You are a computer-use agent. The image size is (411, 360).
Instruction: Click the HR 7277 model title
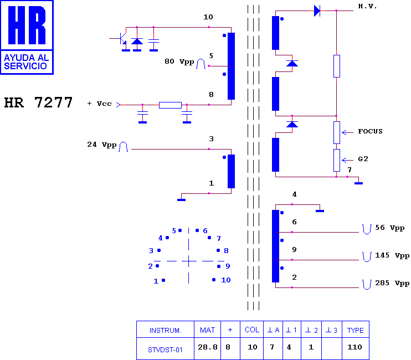pyautogui.click(x=38, y=102)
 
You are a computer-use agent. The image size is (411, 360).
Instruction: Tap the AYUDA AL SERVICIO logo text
pyautogui.click(x=26, y=62)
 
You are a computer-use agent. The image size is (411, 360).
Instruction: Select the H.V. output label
pyautogui.click(x=367, y=6)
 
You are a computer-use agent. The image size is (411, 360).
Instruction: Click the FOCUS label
pyautogui.click(x=370, y=131)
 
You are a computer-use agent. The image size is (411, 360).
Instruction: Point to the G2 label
pyautogui.click(x=363, y=159)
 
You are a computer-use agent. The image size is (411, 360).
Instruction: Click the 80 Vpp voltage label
pyautogui.click(x=179, y=61)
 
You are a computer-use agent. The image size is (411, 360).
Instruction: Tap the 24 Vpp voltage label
pyautogui.click(x=102, y=145)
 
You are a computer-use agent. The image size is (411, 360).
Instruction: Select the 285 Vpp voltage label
pyautogui.click(x=392, y=283)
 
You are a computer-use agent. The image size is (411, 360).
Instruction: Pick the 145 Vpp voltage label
pyautogui.click(x=392, y=255)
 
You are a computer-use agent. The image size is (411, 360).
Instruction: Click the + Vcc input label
pyautogui.click(x=99, y=104)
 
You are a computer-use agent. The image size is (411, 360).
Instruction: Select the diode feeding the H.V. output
pyautogui.click(x=317, y=11)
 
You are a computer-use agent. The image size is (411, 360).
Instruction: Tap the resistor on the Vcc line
pyautogui.click(x=170, y=105)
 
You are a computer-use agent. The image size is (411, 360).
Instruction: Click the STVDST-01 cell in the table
pyautogui.click(x=165, y=350)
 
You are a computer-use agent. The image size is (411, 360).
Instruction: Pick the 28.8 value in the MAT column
pyautogui.click(x=208, y=347)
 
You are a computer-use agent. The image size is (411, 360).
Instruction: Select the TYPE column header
pyautogui.click(x=356, y=331)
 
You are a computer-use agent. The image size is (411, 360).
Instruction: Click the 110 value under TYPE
pyautogui.click(x=355, y=347)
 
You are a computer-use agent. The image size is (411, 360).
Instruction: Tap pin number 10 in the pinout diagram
pyautogui.click(x=225, y=280)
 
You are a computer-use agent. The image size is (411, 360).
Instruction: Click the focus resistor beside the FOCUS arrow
pyautogui.click(x=337, y=132)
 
